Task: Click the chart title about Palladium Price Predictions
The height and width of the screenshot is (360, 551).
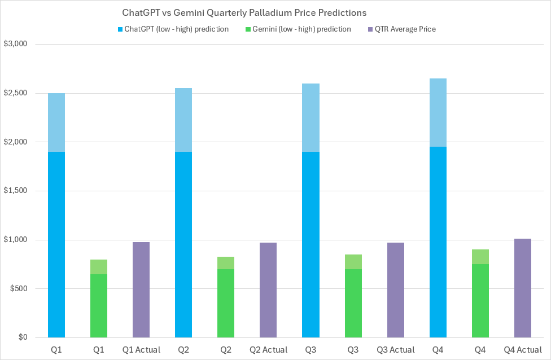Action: [x=244, y=12]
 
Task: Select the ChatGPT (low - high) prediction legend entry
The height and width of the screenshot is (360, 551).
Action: [x=173, y=29]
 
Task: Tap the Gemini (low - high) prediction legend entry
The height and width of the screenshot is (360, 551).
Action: [x=301, y=29]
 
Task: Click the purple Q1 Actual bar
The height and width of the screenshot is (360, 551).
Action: [x=141, y=290]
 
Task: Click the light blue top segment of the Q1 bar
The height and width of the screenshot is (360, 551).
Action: [x=56, y=122]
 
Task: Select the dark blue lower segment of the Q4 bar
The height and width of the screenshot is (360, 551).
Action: [x=438, y=242]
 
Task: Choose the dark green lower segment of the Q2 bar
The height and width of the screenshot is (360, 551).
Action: [x=226, y=304]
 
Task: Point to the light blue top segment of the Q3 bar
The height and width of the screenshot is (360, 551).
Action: [x=311, y=117]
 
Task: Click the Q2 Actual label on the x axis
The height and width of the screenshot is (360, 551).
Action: [x=268, y=350]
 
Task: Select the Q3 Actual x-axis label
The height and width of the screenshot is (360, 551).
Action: [x=395, y=350]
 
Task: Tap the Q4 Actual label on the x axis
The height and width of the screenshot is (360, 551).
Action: [x=522, y=350]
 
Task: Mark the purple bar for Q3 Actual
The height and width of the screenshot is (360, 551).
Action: [x=395, y=290]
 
